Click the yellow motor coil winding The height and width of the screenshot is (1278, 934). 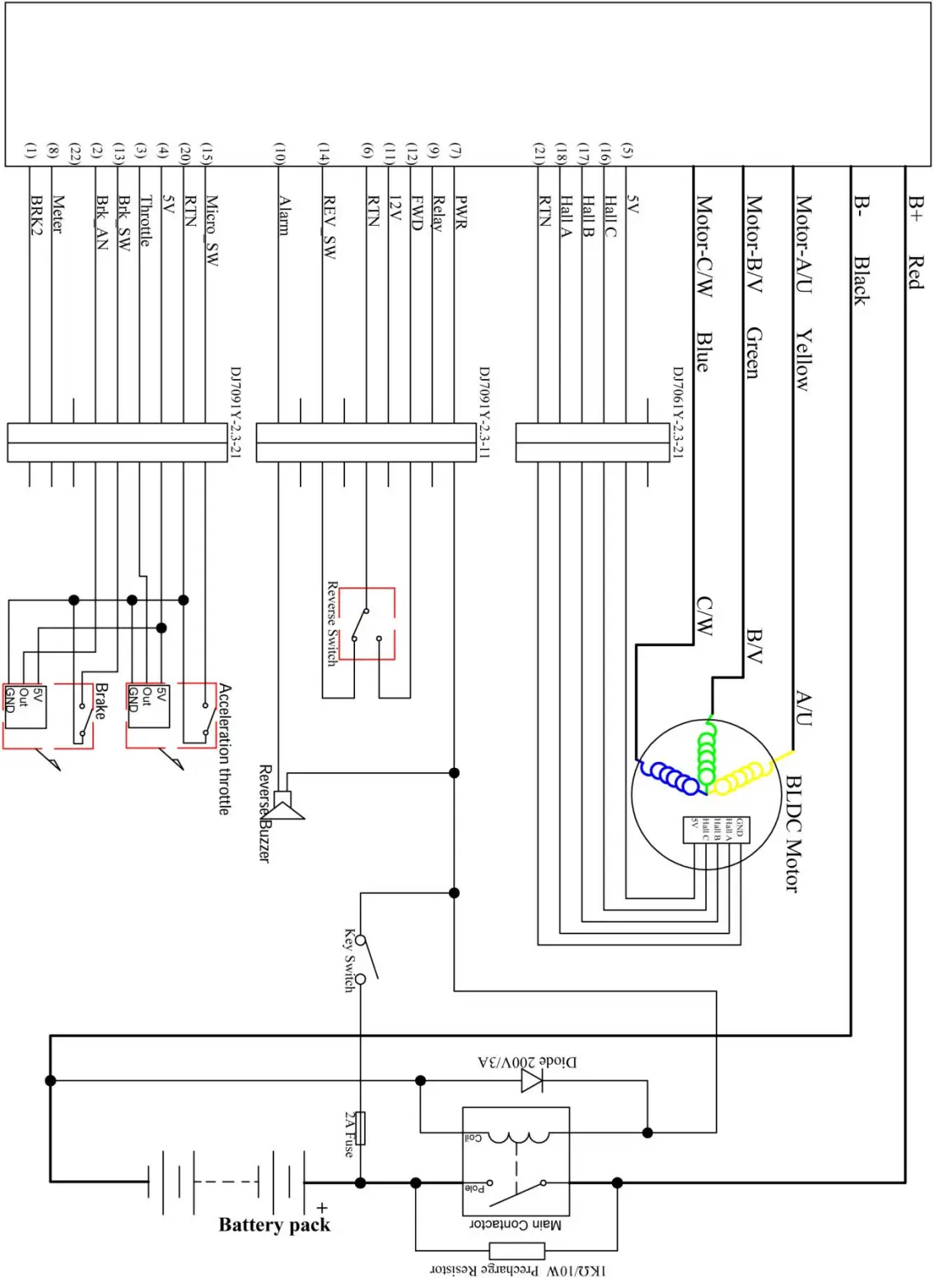[741, 775]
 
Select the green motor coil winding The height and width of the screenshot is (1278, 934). [707, 751]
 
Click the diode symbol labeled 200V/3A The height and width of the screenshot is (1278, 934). [532, 1079]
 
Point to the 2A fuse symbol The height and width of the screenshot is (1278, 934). [359, 1128]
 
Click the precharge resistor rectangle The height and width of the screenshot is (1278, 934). [516, 1250]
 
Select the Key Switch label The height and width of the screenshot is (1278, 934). [350, 959]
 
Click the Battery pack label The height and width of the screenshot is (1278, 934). [274, 1224]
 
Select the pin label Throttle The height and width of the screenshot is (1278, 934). [146, 220]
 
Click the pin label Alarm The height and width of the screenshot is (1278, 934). [284, 215]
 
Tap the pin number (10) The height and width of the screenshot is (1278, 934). [280, 152]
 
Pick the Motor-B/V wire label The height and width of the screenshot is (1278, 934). [754, 244]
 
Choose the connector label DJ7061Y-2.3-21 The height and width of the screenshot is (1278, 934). [678, 411]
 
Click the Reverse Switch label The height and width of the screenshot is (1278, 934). [332, 623]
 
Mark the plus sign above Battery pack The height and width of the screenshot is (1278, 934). [321, 1208]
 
